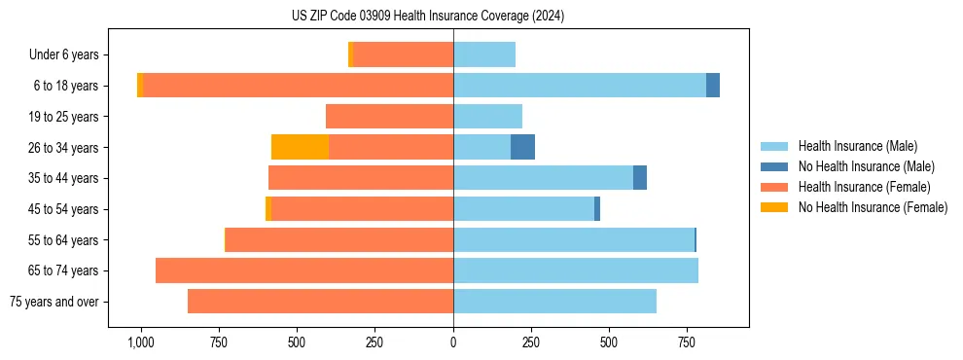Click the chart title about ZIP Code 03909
428,17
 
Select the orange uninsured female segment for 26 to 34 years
300,147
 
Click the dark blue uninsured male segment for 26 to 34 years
522,147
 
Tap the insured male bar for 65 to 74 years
576,270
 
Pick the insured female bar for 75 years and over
320,302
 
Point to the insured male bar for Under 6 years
484,54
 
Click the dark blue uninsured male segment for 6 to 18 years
713,86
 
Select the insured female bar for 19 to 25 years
389,117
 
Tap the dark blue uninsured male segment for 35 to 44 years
640,178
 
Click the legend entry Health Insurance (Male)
856,146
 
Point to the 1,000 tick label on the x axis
140,342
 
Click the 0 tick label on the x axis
453,342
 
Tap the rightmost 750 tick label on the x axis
687,342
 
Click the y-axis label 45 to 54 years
65,209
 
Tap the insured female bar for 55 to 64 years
339,239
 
